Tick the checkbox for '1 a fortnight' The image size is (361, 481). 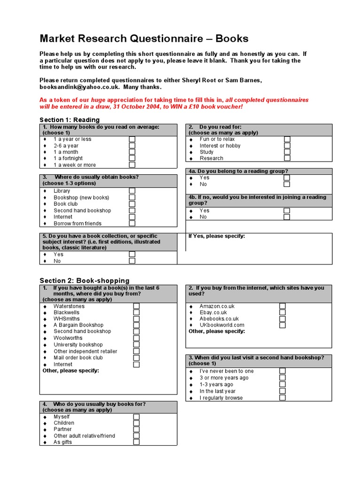[132, 158]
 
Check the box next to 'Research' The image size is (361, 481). [287, 158]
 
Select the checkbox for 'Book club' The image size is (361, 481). [132, 204]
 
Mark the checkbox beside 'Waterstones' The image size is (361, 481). [136, 306]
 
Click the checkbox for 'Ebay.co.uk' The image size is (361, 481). [283, 312]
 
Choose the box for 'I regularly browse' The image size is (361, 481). [283, 397]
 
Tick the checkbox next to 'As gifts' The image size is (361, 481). [136, 442]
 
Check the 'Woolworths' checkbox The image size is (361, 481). [136, 338]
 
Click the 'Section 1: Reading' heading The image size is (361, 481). [70, 120]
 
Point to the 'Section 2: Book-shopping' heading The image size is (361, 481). [84, 280]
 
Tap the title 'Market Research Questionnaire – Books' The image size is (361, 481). [144, 39]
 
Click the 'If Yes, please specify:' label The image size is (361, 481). [216, 236]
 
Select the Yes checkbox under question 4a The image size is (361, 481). [287, 178]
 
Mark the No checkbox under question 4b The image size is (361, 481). [287, 217]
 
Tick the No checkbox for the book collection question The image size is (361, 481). [132, 261]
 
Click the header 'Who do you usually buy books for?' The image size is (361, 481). [100, 404]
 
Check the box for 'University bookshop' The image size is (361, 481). [136, 344]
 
